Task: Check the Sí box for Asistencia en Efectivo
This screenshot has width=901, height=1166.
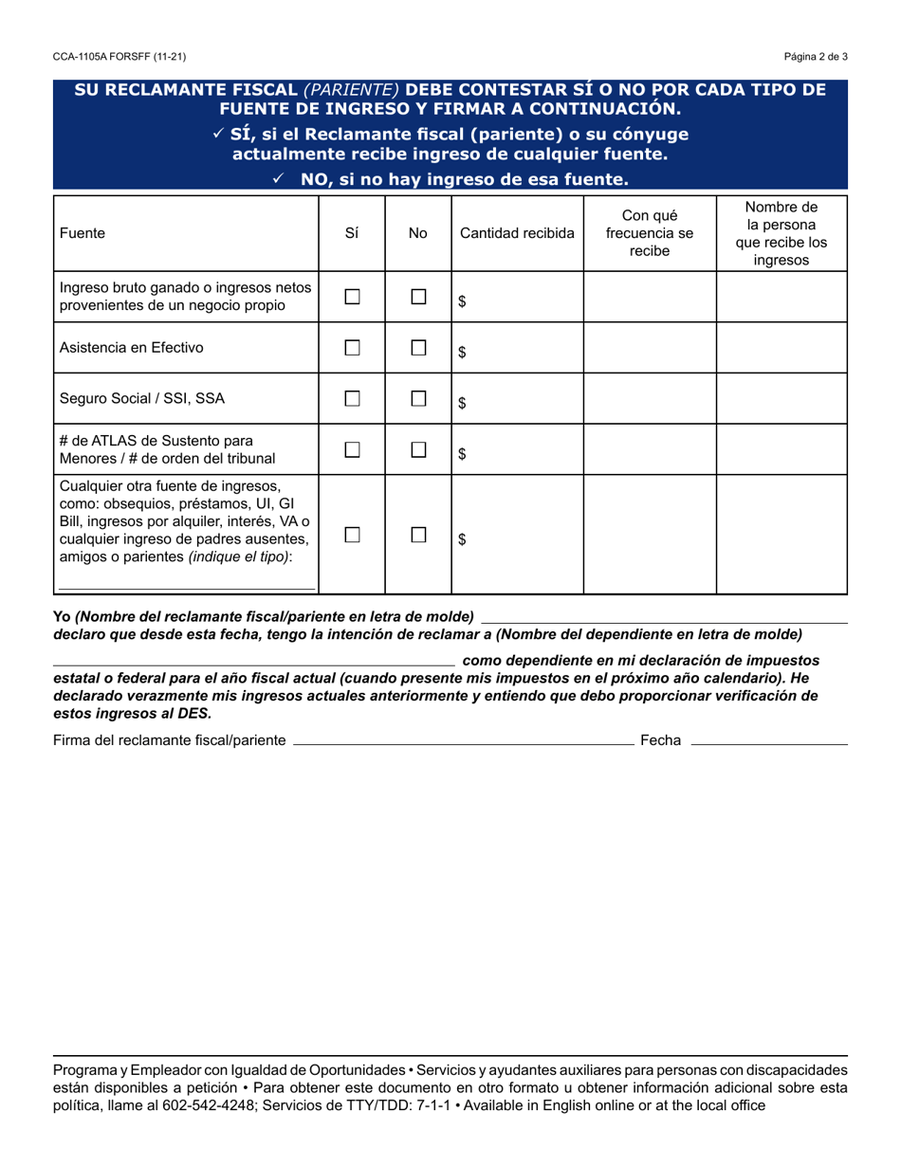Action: click(352, 348)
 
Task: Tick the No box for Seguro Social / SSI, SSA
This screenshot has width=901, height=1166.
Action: click(418, 399)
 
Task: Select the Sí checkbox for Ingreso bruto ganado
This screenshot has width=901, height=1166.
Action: click(352, 297)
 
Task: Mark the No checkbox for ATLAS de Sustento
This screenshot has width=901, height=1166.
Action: click(418, 450)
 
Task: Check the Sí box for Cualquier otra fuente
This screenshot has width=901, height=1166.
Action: click(352, 535)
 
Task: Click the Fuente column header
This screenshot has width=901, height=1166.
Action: click(83, 233)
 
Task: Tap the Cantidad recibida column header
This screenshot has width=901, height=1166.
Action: click(517, 233)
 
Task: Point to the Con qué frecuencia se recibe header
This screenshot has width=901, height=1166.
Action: click(649, 233)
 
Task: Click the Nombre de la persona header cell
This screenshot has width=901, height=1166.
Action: click(781, 233)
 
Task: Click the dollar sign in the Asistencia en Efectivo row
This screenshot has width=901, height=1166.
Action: click(462, 353)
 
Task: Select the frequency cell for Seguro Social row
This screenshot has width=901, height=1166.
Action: click(649, 399)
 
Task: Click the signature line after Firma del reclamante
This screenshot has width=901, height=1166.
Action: click(464, 739)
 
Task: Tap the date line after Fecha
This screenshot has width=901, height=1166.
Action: click(769, 739)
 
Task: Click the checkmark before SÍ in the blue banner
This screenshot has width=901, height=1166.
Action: click(219, 135)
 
